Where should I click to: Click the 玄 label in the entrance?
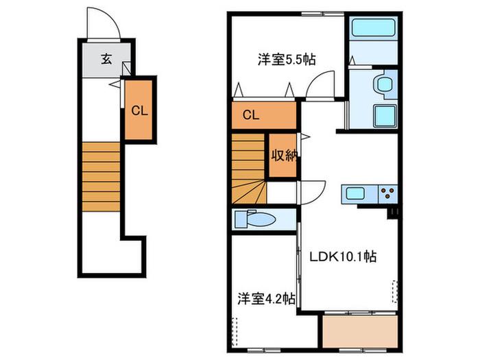106,59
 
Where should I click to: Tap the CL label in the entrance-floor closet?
139,110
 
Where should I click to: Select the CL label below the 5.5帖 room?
251,115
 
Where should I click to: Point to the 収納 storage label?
284,156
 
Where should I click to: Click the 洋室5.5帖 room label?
287,60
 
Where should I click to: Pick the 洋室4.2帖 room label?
267,298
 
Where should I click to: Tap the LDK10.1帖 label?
343,256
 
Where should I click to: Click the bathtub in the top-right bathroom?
373,28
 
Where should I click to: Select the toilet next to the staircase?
254,219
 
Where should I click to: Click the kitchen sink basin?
355,193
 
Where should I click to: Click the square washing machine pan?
385,116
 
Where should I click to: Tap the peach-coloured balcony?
360,331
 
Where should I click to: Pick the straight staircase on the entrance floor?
101,177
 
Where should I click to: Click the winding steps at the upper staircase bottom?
249,192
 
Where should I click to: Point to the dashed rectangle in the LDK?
395,291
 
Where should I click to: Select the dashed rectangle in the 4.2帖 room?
235,332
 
